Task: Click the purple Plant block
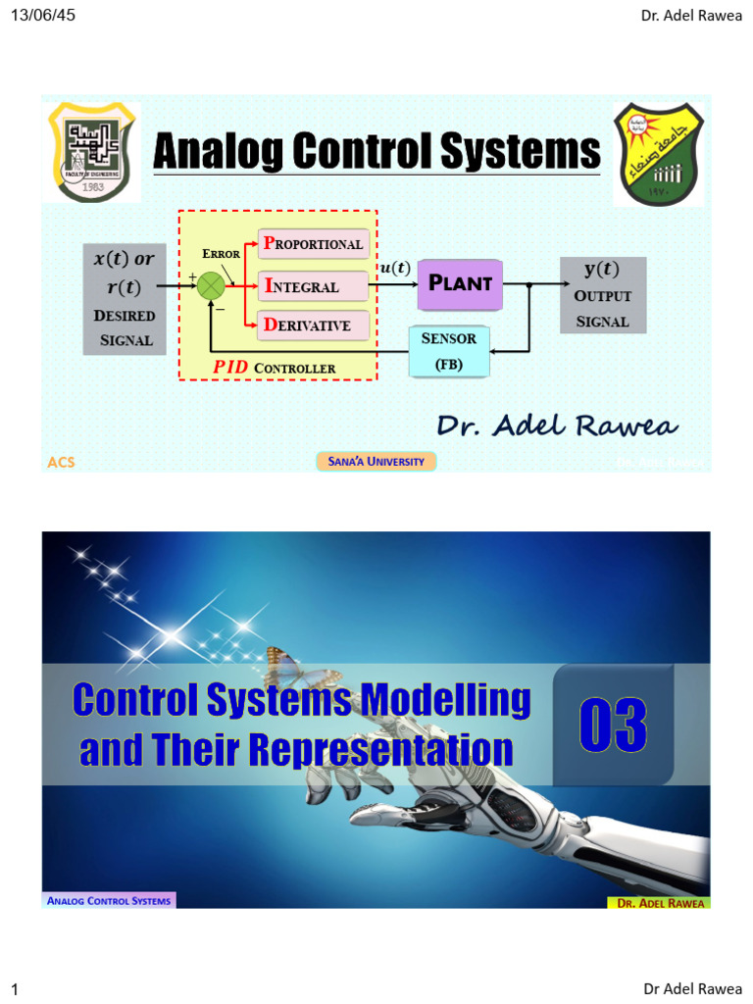click(460, 284)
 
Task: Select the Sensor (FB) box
click(449, 351)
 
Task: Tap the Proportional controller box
click(313, 243)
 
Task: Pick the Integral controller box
click(313, 286)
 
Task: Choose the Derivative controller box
click(313, 325)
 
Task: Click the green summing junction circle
click(211, 286)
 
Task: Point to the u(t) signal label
click(394, 268)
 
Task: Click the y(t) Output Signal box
click(602, 294)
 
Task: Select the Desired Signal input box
click(125, 299)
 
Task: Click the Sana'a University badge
click(376, 461)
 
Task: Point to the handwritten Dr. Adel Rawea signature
click(556, 425)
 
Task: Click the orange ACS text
click(61, 462)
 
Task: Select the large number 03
click(613, 727)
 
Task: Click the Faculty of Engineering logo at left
click(93, 151)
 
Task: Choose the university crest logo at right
click(658, 154)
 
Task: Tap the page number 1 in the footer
click(15, 989)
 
